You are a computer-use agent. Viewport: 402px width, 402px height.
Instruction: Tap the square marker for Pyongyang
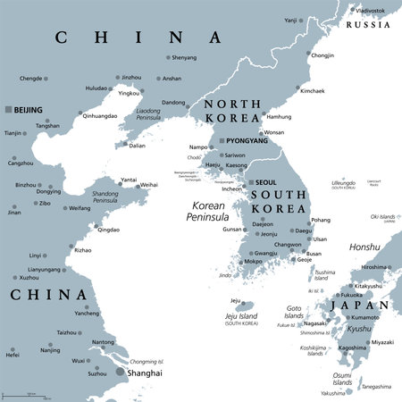pyautogui.click(x=220, y=140)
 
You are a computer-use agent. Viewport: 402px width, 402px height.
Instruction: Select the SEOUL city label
pyautogui.click(x=266, y=182)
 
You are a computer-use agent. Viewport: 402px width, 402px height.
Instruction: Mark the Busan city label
pyautogui.click(x=313, y=254)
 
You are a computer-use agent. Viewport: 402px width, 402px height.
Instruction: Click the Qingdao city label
pyautogui.click(x=107, y=229)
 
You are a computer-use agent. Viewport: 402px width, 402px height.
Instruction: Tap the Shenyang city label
pyautogui.click(x=183, y=58)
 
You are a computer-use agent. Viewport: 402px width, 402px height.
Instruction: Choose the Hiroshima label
pyautogui.click(x=374, y=267)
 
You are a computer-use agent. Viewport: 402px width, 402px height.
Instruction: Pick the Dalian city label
pyautogui.click(x=136, y=146)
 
